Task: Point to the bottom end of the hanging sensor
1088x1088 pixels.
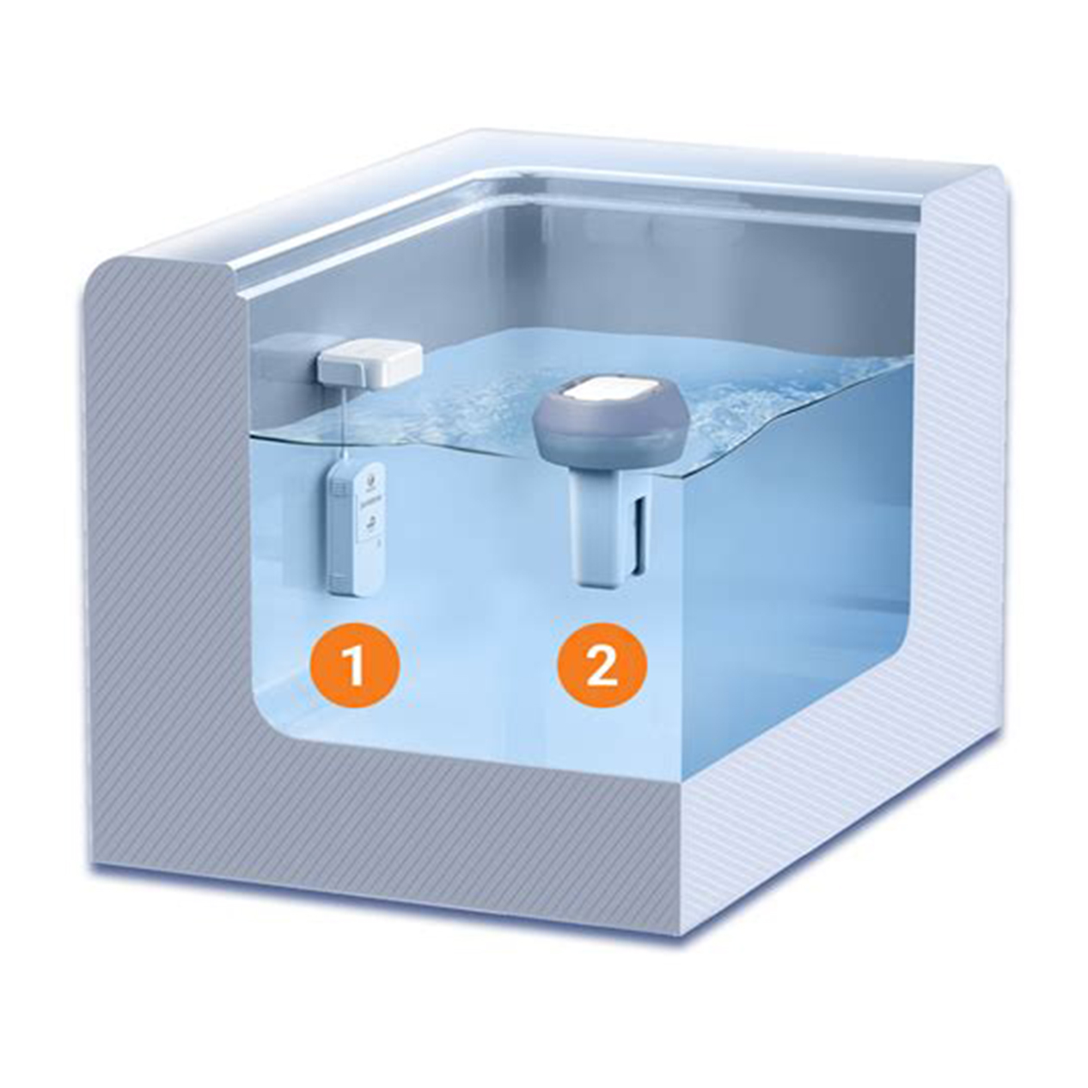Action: coord(356,588)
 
